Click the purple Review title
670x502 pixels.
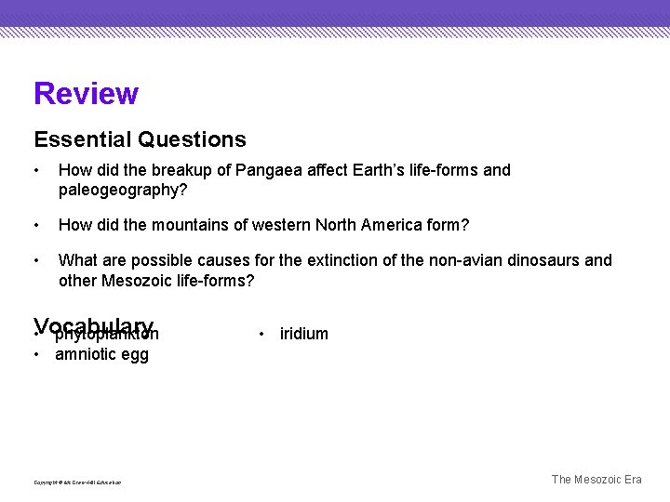pyautogui.click(x=86, y=94)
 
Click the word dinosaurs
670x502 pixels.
pyautogui.click(x=540, y=260)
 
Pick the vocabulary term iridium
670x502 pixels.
pyautogui.click(x=304, y=334)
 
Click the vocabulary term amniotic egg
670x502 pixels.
pyautogui.click(x=101, y=354)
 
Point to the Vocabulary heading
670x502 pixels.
pyautogui.click(x=94, y=326)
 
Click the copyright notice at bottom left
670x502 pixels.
pyautogui.click(x=77, y=482)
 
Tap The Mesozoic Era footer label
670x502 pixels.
pyautogui.click(x=596, y=480)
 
